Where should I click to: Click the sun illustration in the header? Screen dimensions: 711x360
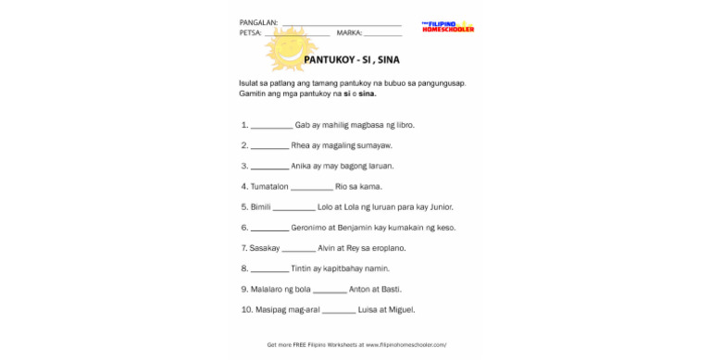[x=291, y=48]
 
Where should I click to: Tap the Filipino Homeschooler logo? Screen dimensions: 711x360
[x=447, y=27]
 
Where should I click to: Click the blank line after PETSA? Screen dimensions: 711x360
[x=297, y=33]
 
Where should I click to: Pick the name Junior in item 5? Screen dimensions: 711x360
[x=441, y=206]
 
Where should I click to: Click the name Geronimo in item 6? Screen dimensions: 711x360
[x=309, y=227]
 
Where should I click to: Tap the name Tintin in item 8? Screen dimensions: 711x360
[x=302, y=268]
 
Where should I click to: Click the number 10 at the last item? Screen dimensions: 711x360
[x=244, y=309]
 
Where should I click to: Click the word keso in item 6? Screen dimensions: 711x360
[x=445, y=227]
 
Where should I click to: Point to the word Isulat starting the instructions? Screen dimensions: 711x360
[x=248, y=83]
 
